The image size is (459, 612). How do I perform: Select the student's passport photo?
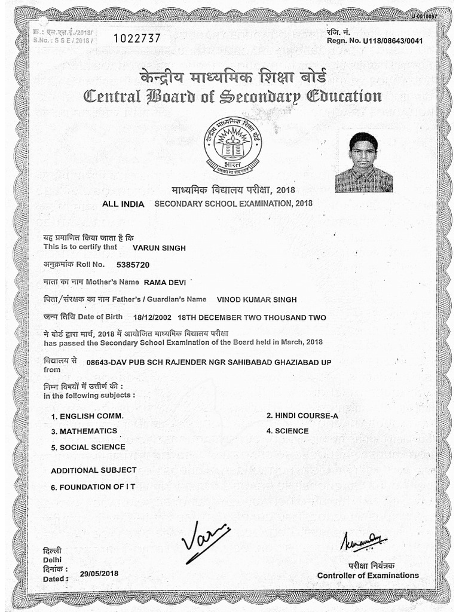tap(364, 162)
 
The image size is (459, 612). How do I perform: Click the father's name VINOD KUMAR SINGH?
tap(256, 299)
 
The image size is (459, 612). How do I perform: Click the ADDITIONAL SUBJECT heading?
tap(93, 470)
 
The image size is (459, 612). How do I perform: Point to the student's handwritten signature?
tap(205, 540)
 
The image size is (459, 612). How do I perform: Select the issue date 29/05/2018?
tap(99, 573)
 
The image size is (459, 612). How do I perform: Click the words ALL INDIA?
tap(123, 204)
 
